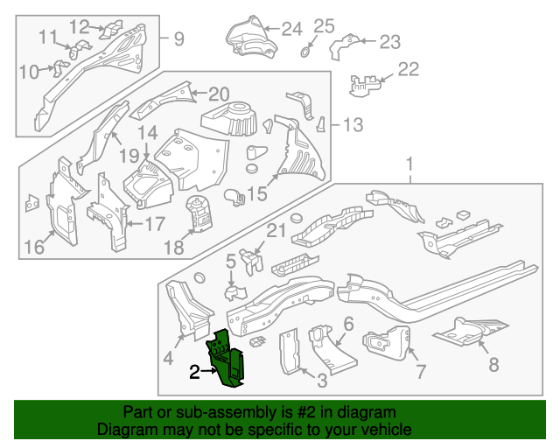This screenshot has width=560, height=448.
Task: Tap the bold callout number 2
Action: [194, 372]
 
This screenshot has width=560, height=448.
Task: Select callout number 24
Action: [292, 29]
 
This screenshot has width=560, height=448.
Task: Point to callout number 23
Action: [390, 42]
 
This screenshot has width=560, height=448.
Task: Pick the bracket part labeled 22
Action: [365, 85]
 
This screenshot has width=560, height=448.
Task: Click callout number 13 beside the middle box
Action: [353, 125]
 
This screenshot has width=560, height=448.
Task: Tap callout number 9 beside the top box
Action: [178, 38]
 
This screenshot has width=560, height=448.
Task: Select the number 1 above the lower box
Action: [409, 164]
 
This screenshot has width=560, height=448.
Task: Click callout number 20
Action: [219, 94]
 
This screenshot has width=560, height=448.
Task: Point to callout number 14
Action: [148, 133]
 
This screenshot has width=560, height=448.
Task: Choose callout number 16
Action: [35, 247]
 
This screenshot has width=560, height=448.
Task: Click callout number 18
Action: [174, 248]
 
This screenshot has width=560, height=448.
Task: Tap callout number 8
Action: [493, 365]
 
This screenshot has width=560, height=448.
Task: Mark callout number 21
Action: [276, 231]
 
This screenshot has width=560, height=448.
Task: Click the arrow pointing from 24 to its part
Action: [272, 29]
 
